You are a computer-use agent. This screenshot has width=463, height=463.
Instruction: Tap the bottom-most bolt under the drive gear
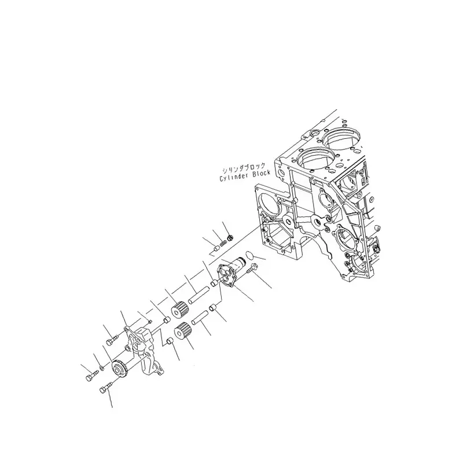click(x=105, y=388)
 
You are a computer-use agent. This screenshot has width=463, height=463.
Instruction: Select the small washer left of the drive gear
click(x=102, y=368)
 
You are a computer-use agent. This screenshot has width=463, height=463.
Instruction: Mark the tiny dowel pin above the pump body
click(x=148, y=321)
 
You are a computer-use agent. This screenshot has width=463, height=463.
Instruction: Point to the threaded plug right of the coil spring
click(x=230, y=237)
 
